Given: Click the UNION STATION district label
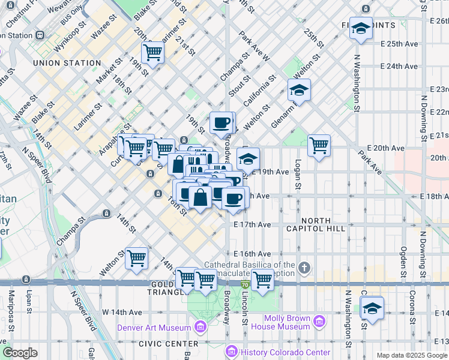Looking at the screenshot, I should [67, 63].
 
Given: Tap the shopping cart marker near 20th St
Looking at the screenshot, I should [153, 53].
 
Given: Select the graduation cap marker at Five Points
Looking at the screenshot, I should [361, 28].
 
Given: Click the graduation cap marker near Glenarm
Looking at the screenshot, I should [299, 91].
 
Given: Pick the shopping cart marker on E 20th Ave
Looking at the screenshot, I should [319, 145].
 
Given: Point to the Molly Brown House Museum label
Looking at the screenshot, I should [280, 323].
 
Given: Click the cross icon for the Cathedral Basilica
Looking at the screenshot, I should [304, 267].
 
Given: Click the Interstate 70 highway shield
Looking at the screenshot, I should [245, 284].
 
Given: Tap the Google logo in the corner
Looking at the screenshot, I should [20, 353].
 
